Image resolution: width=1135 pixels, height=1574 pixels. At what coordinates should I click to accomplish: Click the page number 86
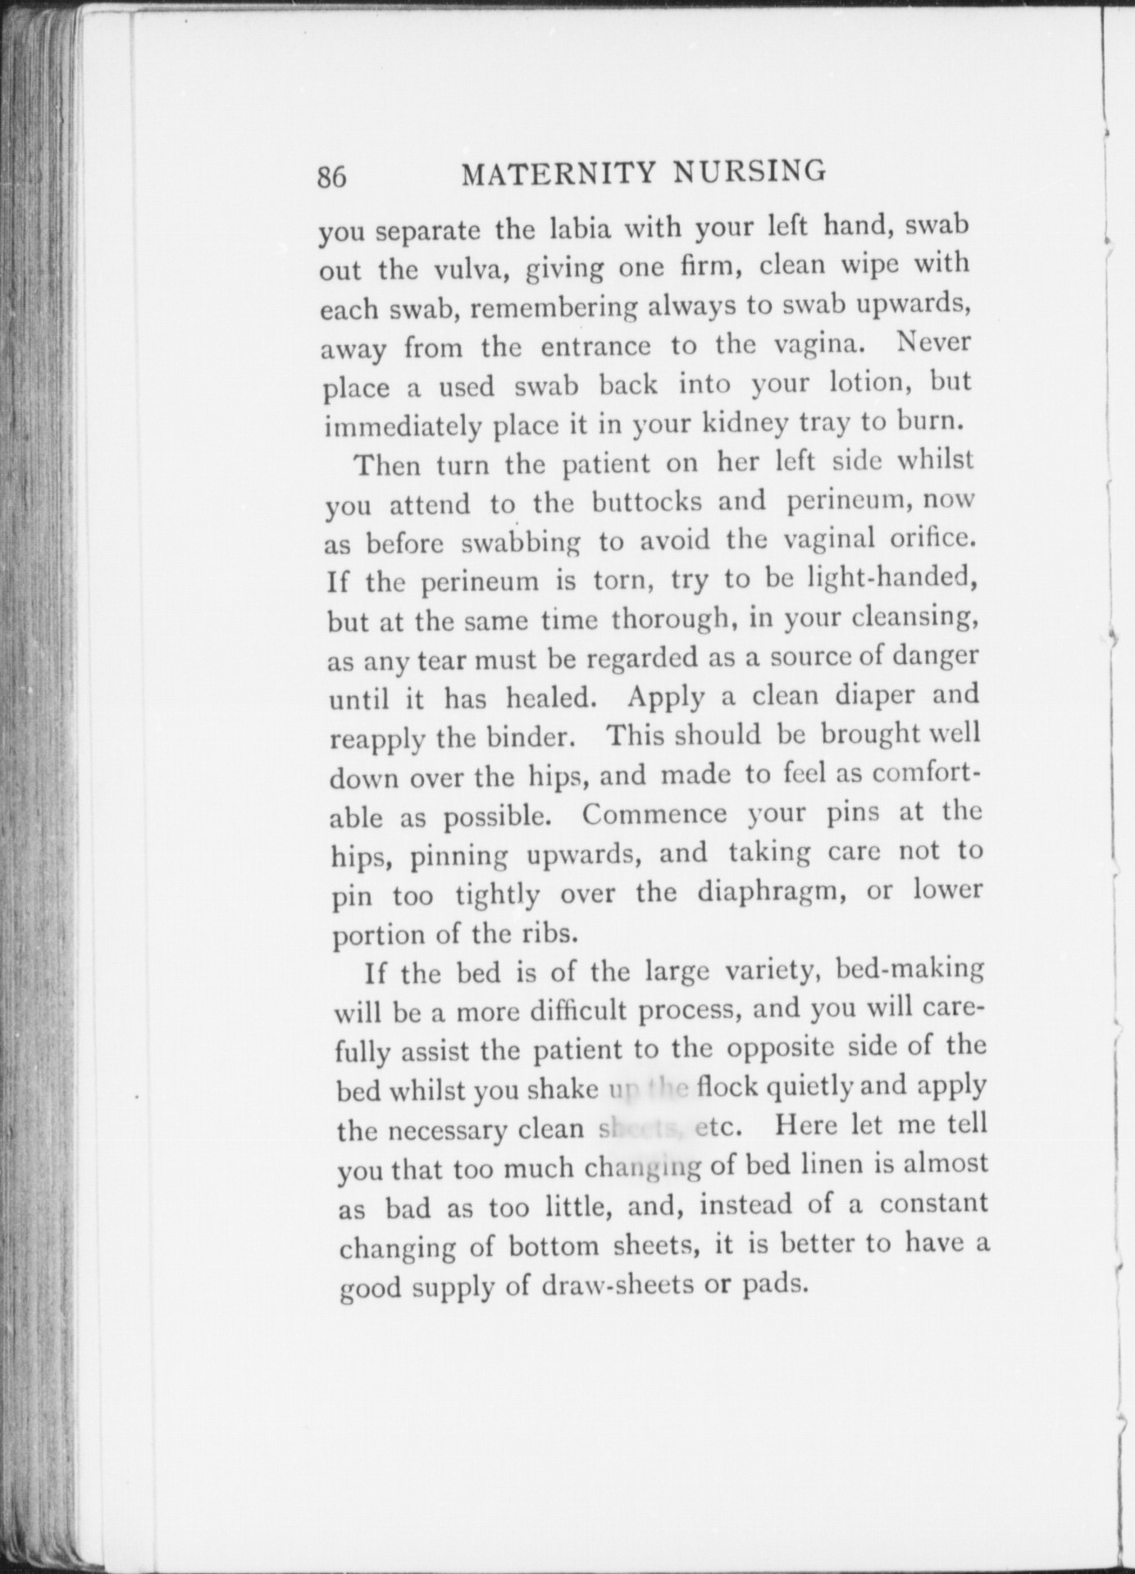332,177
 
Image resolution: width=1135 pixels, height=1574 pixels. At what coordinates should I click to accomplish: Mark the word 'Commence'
654,815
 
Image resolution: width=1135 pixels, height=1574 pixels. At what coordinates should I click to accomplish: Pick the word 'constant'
935,1204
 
